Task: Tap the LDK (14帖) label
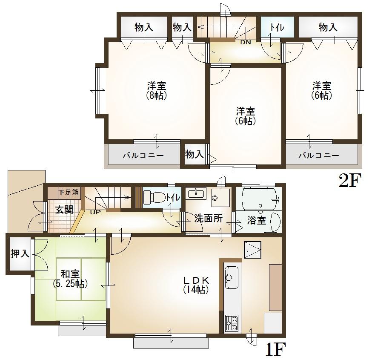[x=195, y=285]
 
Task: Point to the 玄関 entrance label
[x=63, y=210]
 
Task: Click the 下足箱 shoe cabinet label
[x=69, y=192]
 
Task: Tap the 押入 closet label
[x=20, y=254]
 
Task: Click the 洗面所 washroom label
[x=209, y=219]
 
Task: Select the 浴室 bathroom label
[x=257, y=221]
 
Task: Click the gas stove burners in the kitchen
[x=232, y=324]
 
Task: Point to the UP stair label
[x=95, y=212]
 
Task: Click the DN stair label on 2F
[x=246, y=42]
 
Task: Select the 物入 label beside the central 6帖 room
[x=195, y=154]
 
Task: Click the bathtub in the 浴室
[x=259, y=198]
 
